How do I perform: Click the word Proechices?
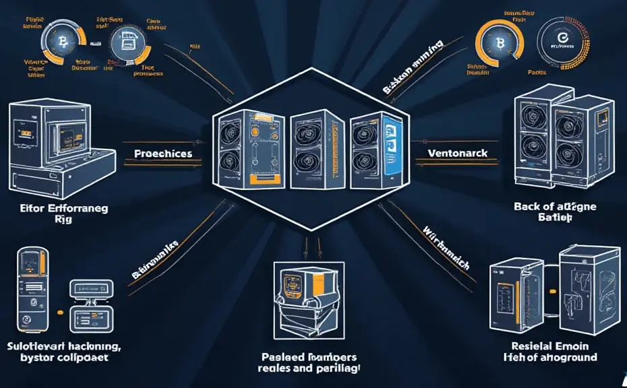click(163, 154)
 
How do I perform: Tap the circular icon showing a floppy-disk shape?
click(125, 44)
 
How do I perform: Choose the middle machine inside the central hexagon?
click(313, 145)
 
